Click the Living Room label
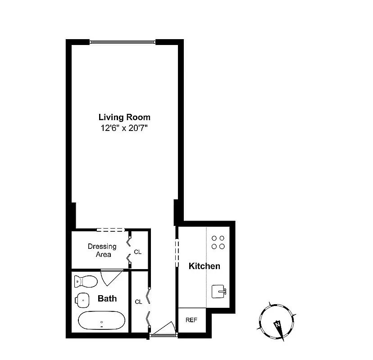(124, 117)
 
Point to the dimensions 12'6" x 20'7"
(124, 128)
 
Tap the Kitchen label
(204, 266)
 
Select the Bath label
(107, 298)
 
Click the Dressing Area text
(102, 250)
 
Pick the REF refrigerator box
(192, 320)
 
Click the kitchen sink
(219, 291)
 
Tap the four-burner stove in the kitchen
(218, 242)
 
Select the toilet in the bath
(86, 282)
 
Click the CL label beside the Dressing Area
(138, 252)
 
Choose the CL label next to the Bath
(138, 301)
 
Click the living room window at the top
(123, 42)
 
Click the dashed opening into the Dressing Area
(110, 230)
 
